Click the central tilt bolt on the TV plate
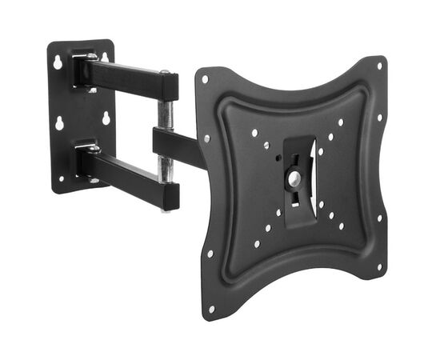(294, 178)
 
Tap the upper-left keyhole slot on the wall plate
(58, 62)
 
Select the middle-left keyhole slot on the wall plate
(59, 124)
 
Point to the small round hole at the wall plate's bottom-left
(61, 180)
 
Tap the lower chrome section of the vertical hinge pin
(166, 166)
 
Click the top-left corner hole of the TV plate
(205, 79)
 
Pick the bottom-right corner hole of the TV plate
(379, 266)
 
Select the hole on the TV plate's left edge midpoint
(206, 138)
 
